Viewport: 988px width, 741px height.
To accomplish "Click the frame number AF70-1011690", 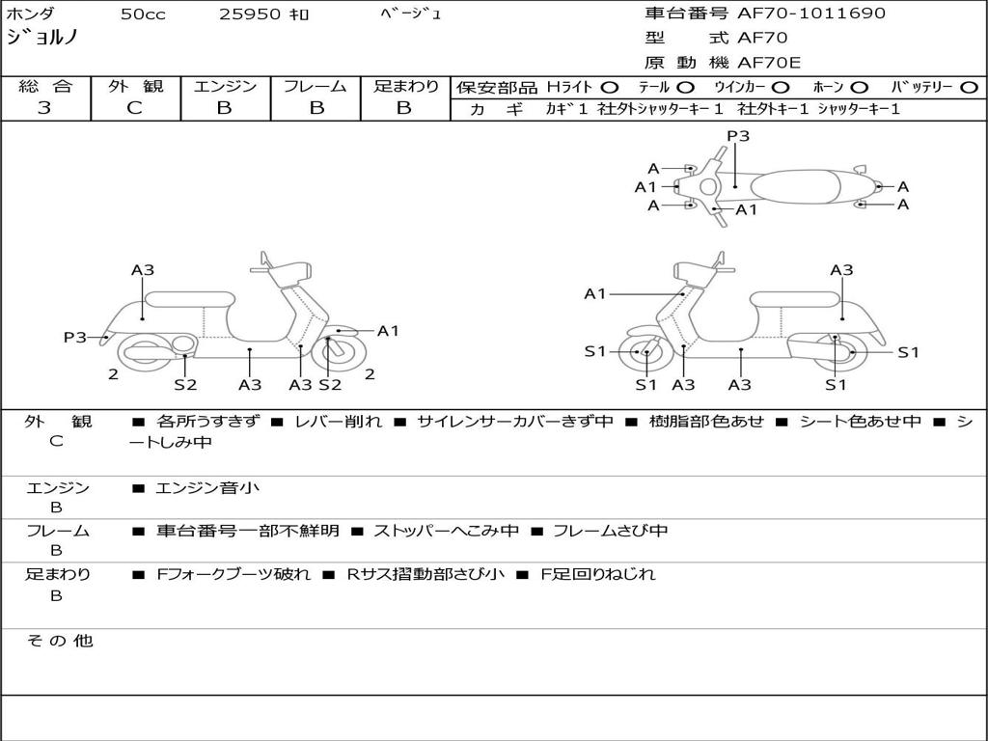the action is coord(811,14).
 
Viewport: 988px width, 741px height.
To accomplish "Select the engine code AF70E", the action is coord(769,64).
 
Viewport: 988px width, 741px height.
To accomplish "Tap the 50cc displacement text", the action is coord(143,14).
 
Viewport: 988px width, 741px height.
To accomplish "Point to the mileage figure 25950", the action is coord(250,14).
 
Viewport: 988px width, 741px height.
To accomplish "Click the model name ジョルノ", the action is coord(42,39).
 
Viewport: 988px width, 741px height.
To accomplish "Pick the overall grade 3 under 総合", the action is coord(44,108).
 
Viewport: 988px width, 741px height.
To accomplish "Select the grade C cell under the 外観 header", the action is coord(135,108).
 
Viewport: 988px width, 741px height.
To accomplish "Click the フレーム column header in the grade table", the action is coord(316,87).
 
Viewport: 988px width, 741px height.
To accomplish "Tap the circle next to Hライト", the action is coord(609,88).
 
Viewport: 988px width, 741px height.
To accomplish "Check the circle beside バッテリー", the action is coord(970,88).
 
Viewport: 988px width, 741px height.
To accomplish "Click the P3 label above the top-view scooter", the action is coord(738,136).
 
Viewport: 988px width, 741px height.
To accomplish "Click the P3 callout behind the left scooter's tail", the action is coord(75,337).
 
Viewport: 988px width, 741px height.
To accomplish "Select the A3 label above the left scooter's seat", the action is coord(143,270).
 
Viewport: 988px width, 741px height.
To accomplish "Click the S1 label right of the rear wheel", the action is coord(908,352).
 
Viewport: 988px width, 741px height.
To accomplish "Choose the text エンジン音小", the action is coord(207,488).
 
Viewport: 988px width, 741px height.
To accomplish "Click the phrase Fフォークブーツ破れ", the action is coord(233,574).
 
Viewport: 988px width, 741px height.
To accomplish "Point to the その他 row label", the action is coord(59,641).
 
